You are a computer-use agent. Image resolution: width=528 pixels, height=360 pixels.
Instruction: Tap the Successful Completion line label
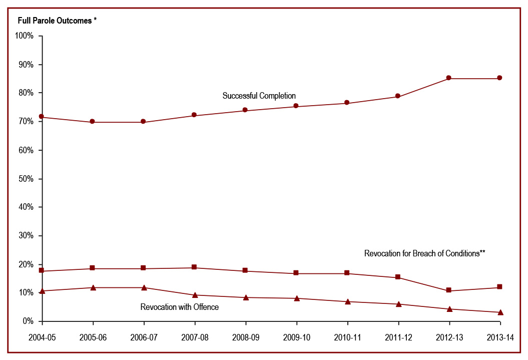259,96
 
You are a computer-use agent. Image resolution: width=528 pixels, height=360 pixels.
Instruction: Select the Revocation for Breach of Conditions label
425,253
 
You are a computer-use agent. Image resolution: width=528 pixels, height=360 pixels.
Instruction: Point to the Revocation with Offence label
179,307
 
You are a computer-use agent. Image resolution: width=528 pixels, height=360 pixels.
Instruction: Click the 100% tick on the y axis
25,36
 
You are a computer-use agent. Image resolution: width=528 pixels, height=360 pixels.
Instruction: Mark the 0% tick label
28,321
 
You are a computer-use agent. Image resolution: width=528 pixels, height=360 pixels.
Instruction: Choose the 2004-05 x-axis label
42,337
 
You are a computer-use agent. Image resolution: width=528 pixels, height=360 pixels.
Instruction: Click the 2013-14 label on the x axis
500,337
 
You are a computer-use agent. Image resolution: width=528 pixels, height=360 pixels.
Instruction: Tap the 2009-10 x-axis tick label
296,337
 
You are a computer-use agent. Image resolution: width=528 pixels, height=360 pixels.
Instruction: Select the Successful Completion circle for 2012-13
449,78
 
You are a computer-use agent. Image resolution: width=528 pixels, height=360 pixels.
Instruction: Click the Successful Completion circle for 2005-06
93,122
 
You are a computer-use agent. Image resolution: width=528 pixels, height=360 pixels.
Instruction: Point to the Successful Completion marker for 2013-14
500,78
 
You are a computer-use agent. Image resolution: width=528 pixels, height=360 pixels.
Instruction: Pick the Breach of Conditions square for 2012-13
449,290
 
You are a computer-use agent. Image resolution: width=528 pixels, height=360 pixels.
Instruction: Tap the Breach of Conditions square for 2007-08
194,267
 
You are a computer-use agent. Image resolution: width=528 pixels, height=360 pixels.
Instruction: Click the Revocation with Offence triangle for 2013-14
500,312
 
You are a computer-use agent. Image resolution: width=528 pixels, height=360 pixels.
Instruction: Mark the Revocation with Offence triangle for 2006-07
144,287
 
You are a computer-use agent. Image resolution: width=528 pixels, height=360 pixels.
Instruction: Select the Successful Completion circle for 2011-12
398,96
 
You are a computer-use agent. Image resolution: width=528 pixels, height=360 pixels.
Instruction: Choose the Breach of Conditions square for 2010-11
347,273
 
